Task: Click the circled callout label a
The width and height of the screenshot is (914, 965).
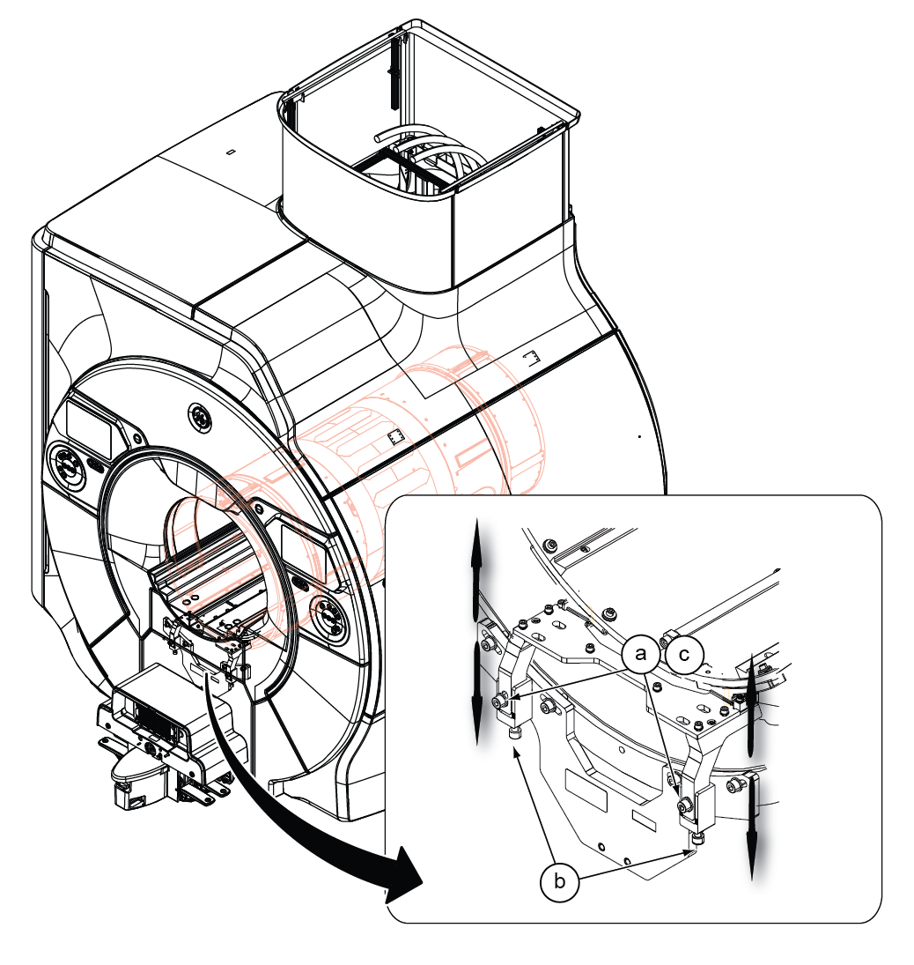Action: pyautogui.click(x=640, y=655)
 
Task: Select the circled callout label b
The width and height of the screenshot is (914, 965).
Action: pyautogui.click(x=559, y=881)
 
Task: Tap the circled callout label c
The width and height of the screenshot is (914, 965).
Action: pyautogui.click(x=684, y=655)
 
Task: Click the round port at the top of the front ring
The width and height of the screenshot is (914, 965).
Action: pyautogui.click(x=200, y=418)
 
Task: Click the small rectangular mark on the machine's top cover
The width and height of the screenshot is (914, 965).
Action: pyautogui.click(x=230, y=152)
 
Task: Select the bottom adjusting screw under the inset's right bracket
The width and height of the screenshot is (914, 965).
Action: pyautogui.click(x=696, y=839)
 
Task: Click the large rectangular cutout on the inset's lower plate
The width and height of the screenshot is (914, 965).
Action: pyautogui.click(x=586, y=790)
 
